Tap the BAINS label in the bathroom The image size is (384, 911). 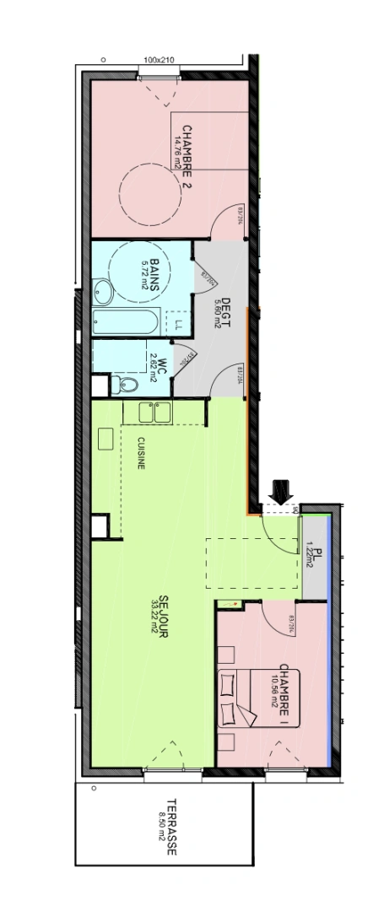pos(156,273)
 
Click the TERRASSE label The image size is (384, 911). pos(171,827)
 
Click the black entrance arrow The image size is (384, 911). pos(279,489)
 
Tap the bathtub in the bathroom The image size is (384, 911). pos(125,322)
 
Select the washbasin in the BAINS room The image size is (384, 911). pos(103,293)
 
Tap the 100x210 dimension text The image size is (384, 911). pos(158,61)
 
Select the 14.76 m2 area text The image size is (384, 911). pos(177,154)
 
